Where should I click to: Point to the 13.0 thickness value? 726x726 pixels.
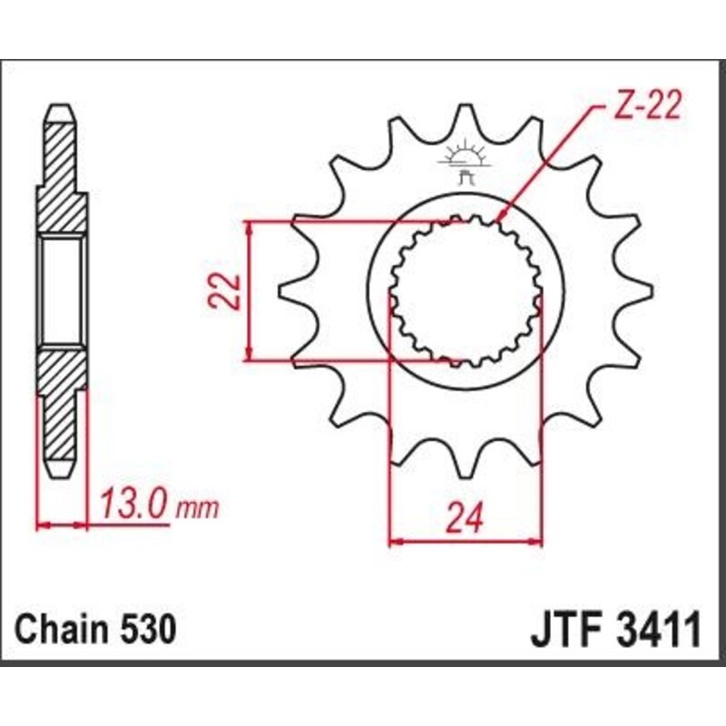pyautogui.click(x=135, y=504)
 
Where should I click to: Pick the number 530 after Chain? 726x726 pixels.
pyautogui.click(x=145, y=629)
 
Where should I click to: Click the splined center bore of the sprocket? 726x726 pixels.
pyautogui.click(x=466, y=292)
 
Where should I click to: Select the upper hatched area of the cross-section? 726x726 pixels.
pyautogui.click(x=63, y=172)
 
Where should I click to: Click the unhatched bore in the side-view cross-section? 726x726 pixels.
pyautogui.click(x=63, y=290)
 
